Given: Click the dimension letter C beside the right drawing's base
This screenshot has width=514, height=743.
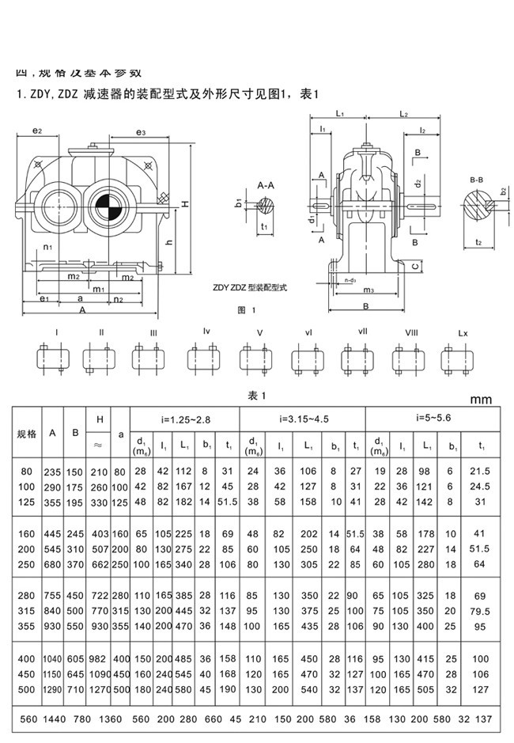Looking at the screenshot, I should (x=416, y=267).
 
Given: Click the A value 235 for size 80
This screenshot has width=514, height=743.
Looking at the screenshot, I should (x=53, y=472).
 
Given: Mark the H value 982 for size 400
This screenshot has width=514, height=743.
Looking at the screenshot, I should (x=97, y=658).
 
